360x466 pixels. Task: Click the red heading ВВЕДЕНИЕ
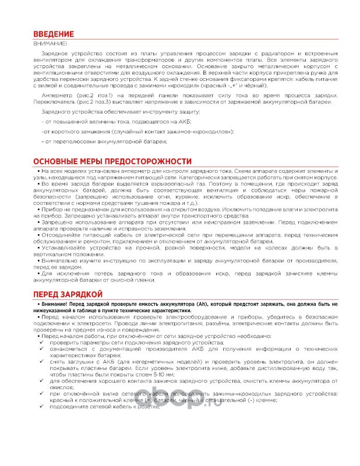(53, 34)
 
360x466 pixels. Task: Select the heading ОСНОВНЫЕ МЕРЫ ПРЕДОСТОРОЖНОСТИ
(112, 161)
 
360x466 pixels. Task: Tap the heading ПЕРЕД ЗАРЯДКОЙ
(68, 294)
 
